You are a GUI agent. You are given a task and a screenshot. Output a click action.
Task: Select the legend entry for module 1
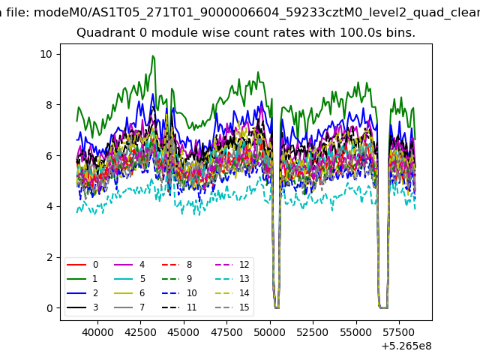[x=82, y=279]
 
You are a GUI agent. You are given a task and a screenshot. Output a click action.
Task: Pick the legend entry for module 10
[x=179, y=293]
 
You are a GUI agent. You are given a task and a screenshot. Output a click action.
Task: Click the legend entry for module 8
[x=177, y=265]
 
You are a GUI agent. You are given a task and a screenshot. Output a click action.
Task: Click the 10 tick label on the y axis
[x=46, y=54]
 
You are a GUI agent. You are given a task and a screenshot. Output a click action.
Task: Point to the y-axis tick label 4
[x=49, y=207]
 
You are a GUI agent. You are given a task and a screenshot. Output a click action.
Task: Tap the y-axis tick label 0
[x=49, y=308]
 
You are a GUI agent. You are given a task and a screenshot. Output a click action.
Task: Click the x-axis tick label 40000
[x=97, y=332]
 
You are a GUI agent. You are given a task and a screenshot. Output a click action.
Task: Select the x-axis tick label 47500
[x=226, y=332]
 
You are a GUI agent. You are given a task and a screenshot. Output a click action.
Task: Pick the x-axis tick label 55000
[x=356, y=332]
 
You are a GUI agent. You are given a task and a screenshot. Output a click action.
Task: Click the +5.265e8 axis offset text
[x=406, y=346]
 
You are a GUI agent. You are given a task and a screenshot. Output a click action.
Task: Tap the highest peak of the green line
[x=153, y=55]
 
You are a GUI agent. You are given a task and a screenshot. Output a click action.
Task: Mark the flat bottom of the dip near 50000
[x=277, y=307]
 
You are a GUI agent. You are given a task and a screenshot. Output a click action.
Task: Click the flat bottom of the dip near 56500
[x=383, y=307]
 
